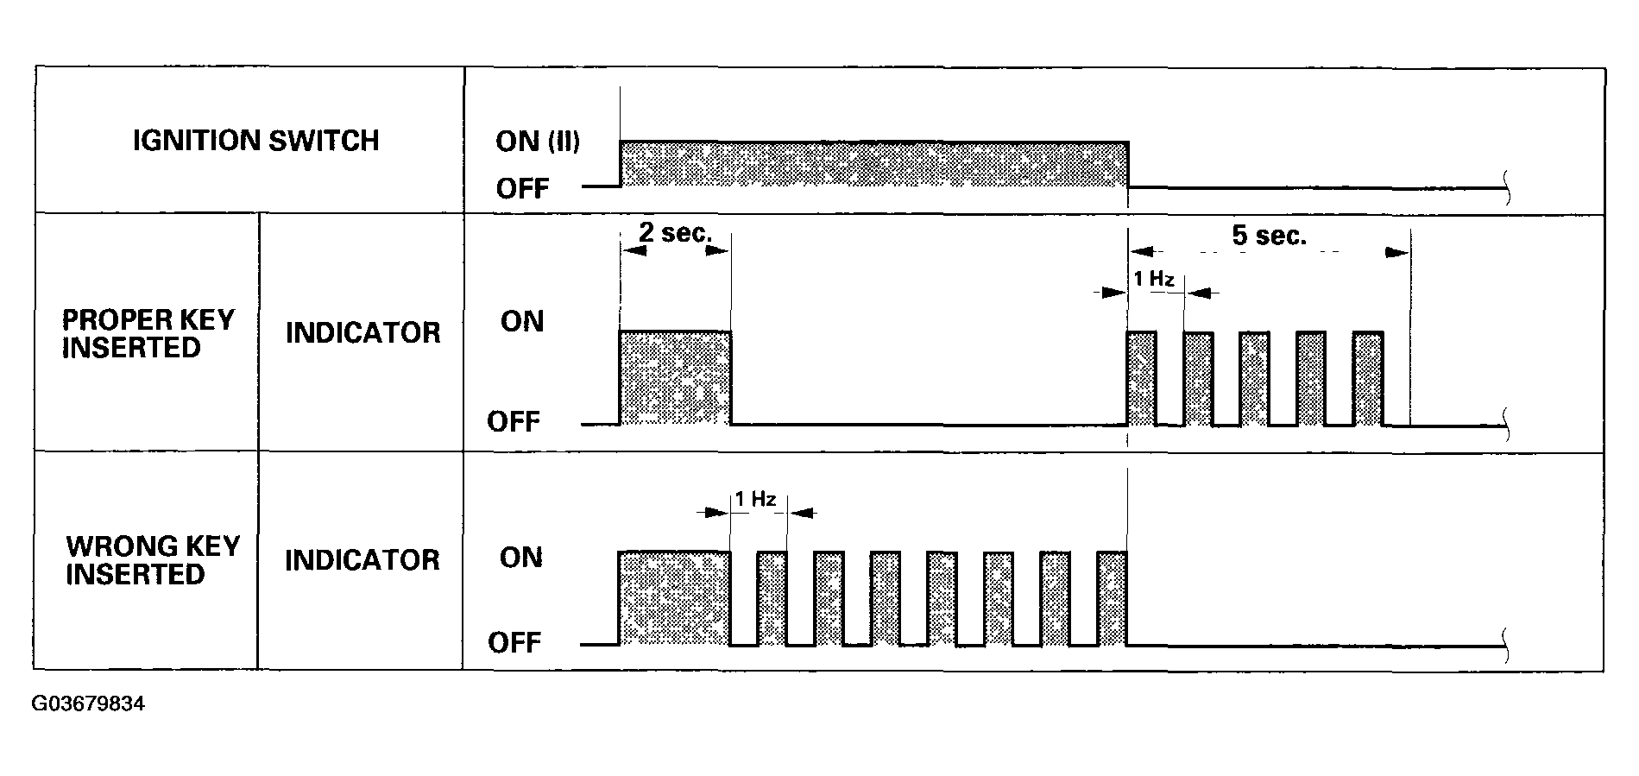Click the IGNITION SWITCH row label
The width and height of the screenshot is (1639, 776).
(x=255, y=141)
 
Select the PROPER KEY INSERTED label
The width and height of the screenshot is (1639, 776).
(x=148, y=334)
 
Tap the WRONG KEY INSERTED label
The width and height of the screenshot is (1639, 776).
(x=152, y=560)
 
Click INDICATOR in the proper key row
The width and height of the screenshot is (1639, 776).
(x=362, y=333)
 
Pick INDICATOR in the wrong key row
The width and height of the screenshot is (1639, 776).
(x=362, y=560)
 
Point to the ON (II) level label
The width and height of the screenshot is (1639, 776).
(x=538, y=142)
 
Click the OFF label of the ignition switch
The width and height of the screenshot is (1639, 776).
(x=522, y=189)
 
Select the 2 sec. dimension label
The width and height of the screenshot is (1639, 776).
(x=675, y=233)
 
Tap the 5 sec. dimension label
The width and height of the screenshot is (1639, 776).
(x=1269, y=236)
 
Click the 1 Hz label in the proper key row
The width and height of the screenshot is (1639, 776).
(x=1154, y=280)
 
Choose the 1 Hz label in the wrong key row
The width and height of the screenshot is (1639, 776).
(x=755, y=499)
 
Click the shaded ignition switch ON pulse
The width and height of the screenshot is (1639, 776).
(x=873, y=164)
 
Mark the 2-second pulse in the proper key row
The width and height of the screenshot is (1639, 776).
(x=675, y=378)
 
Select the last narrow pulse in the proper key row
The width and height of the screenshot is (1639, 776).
(x=1368, y=378)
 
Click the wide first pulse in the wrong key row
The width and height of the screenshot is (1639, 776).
(x=675, y=597)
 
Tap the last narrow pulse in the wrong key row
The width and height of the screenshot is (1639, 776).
(x=1113, y=597)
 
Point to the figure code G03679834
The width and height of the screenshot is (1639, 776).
(x=88, y=704)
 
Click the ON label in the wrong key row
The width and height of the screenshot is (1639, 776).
(x=521, y=558)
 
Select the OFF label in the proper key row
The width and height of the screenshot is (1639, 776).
(x=514, y=422)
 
